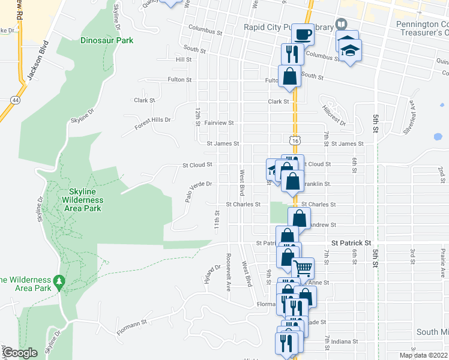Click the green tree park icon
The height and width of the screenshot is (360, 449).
point(58,281)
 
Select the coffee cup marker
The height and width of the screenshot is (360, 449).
point(304,35)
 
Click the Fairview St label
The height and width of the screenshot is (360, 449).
point(219,122)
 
